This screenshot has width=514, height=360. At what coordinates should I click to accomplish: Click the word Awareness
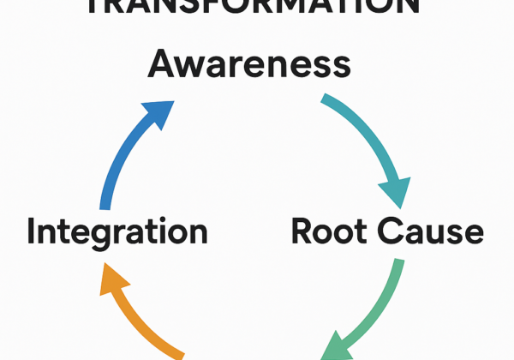248,65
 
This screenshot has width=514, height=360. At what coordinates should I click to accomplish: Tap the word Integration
117,231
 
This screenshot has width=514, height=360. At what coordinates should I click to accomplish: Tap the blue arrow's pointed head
158,113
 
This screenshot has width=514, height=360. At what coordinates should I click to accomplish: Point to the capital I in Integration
33,231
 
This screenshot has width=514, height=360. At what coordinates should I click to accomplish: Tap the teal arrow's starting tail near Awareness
326,100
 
